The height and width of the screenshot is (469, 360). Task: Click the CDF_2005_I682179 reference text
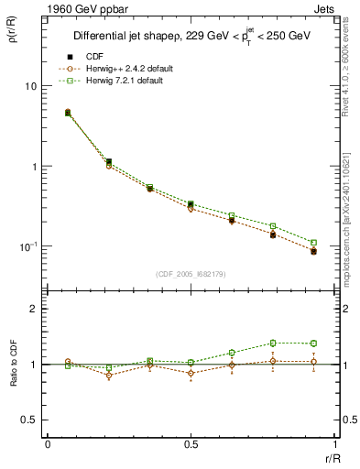tap(191, 274)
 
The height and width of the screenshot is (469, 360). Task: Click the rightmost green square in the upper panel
tap(313, 243)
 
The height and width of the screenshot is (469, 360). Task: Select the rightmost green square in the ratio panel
tap(313, 344)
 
